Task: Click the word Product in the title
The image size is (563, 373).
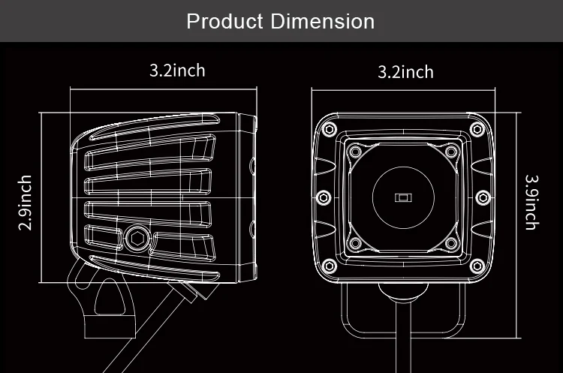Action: pyautogui.click(x=225, y=20)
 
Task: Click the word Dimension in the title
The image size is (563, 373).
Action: pyautogui.click(x=323, y=20)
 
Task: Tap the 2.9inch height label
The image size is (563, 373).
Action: pyautogui.click(x=25, y=203)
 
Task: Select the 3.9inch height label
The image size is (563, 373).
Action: pyautogui.click(x=531, y=203)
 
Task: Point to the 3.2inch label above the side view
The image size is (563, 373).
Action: pyautogui.click(x=177, y=71)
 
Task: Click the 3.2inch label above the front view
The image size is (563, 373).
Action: pyautogui.click(x=405, y=72)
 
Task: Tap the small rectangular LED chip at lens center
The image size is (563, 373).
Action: pyautogui.click(x=403, y=197)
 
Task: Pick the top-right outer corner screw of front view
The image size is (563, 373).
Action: pyautogui.click(x=476, y=129)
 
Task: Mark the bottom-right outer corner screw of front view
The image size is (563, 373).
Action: pyautogui.click(x=476, y=266)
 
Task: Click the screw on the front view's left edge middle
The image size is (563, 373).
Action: pyautogui.click(x=323, y=197)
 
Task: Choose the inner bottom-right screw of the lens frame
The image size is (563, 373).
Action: pyautogui.click(x=450, y=244)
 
